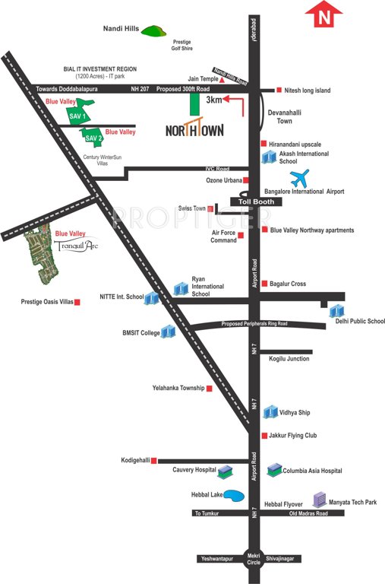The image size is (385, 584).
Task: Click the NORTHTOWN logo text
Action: click(x=194, y=129)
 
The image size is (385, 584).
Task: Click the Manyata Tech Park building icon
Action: click(x=320, y=499)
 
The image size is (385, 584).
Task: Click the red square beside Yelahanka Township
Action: click(x=210, y=389)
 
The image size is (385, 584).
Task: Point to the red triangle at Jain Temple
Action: click(x=222, y=79)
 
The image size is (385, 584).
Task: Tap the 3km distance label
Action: click(x=215, y=100)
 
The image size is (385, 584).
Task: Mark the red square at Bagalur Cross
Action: click(x=264, y=284)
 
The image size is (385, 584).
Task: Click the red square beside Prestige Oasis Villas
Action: click(x=77, y=302)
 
